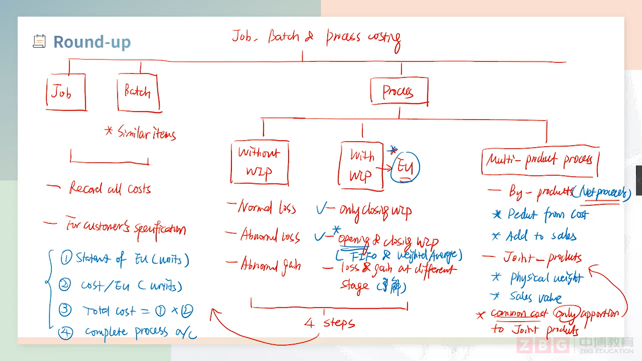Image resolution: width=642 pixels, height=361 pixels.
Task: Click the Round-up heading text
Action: (x=92, y=42)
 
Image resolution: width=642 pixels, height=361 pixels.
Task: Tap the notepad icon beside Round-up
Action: (x=39, y=41)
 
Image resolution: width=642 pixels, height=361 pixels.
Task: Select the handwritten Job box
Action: (x=66, y=92)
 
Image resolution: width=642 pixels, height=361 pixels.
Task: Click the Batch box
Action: (x=138, y=92)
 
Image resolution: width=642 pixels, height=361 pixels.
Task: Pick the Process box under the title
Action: (x=399, y=91)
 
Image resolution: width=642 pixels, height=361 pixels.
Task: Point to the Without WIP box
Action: (x=259, y=162)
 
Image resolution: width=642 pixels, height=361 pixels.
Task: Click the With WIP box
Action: (x=361, y=166)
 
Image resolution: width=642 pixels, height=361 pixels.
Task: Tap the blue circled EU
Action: (x=405, y=167)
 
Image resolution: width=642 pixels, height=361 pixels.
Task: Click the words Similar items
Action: (x=146, y=133)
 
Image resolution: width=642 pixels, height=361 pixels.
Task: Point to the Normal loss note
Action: (x=266, y=208)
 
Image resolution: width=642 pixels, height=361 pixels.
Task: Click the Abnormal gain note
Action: (x=271, y=265)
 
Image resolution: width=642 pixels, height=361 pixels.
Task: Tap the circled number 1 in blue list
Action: (x=66, y=258)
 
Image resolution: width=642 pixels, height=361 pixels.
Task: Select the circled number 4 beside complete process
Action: (x=66, y=333)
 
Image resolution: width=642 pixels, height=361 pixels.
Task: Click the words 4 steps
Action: (x=330, y=323)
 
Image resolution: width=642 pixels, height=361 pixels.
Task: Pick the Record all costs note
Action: (x=110, y=189)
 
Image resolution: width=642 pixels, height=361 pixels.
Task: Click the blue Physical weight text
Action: (x=546, y=278)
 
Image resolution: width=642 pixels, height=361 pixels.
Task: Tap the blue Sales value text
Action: (x=535, y=297)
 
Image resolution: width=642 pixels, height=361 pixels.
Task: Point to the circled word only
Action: (x=566, y=313)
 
